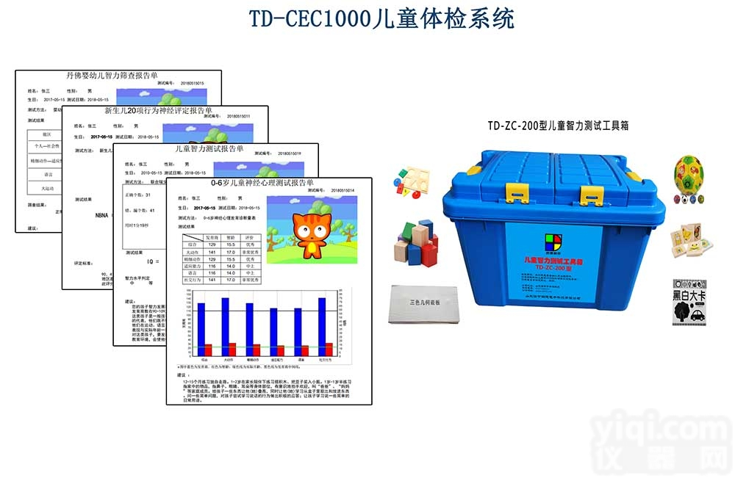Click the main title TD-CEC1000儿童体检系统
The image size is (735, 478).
[x=381, y=19]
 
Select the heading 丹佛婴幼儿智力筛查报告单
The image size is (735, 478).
[x=112, y=76]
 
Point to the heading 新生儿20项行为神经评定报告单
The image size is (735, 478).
[x=158, y=111]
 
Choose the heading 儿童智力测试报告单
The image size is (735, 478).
[x=209, y=148]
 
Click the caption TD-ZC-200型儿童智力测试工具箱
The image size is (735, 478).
[x=558, y=126]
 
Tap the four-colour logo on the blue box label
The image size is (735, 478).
[x=553, y=244]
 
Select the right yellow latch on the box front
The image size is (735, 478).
[x=590, y=195]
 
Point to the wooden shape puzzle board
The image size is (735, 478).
[x=413, y=184]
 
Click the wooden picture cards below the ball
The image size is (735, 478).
[x=687, y=240]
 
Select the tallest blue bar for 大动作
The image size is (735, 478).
[x=225, y=321]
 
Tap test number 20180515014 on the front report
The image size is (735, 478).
[x=348, y=190]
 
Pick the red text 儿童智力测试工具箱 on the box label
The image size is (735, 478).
[x=553, y=261]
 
